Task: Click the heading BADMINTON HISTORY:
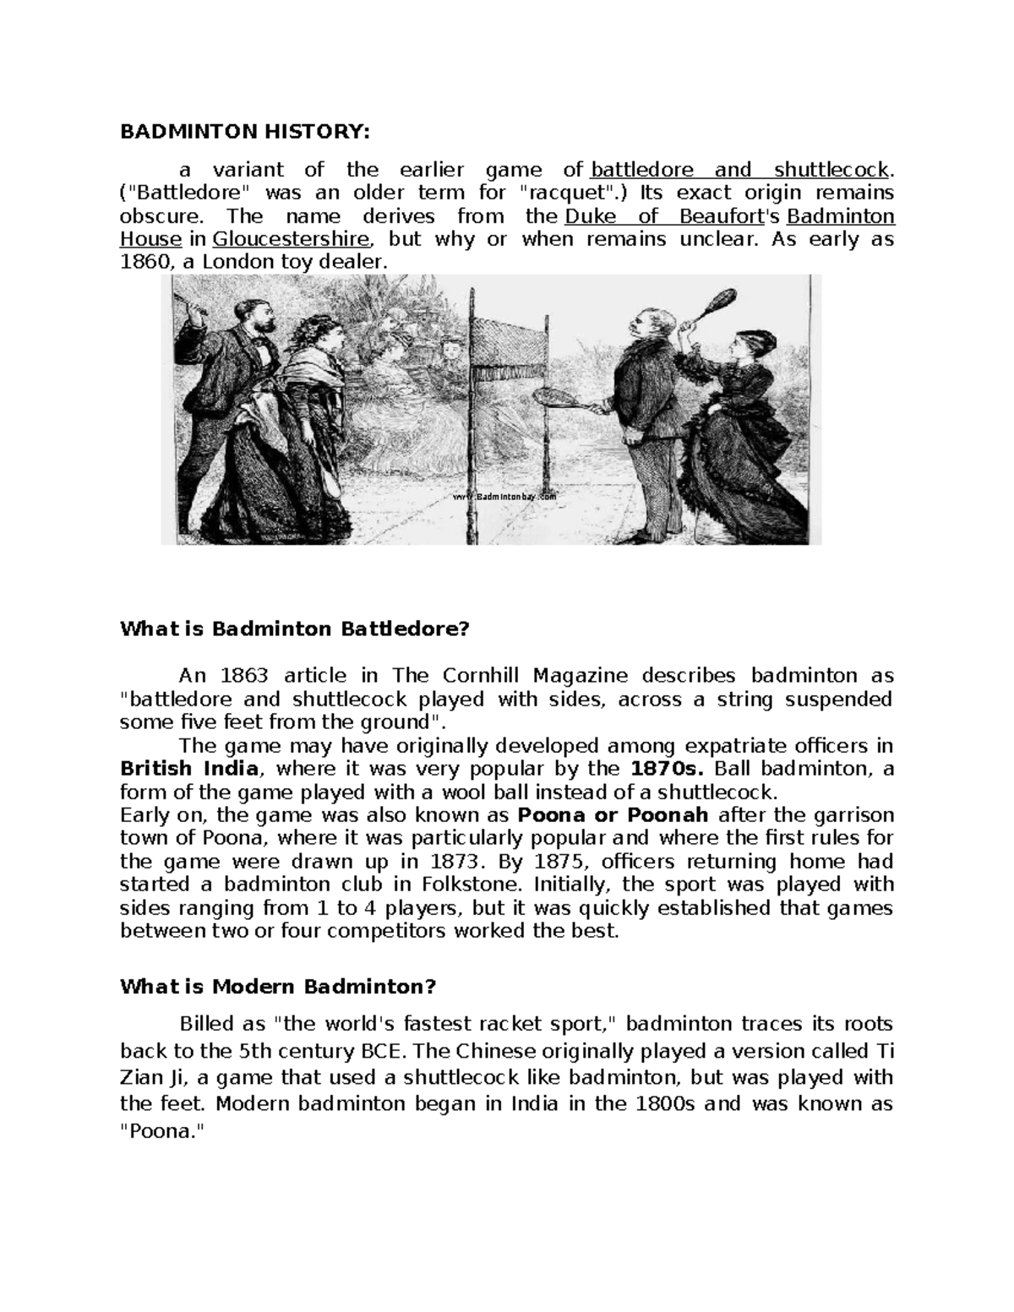pos(245,132)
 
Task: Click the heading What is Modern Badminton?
pos(278,986)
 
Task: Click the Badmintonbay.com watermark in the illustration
pos(506,497)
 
